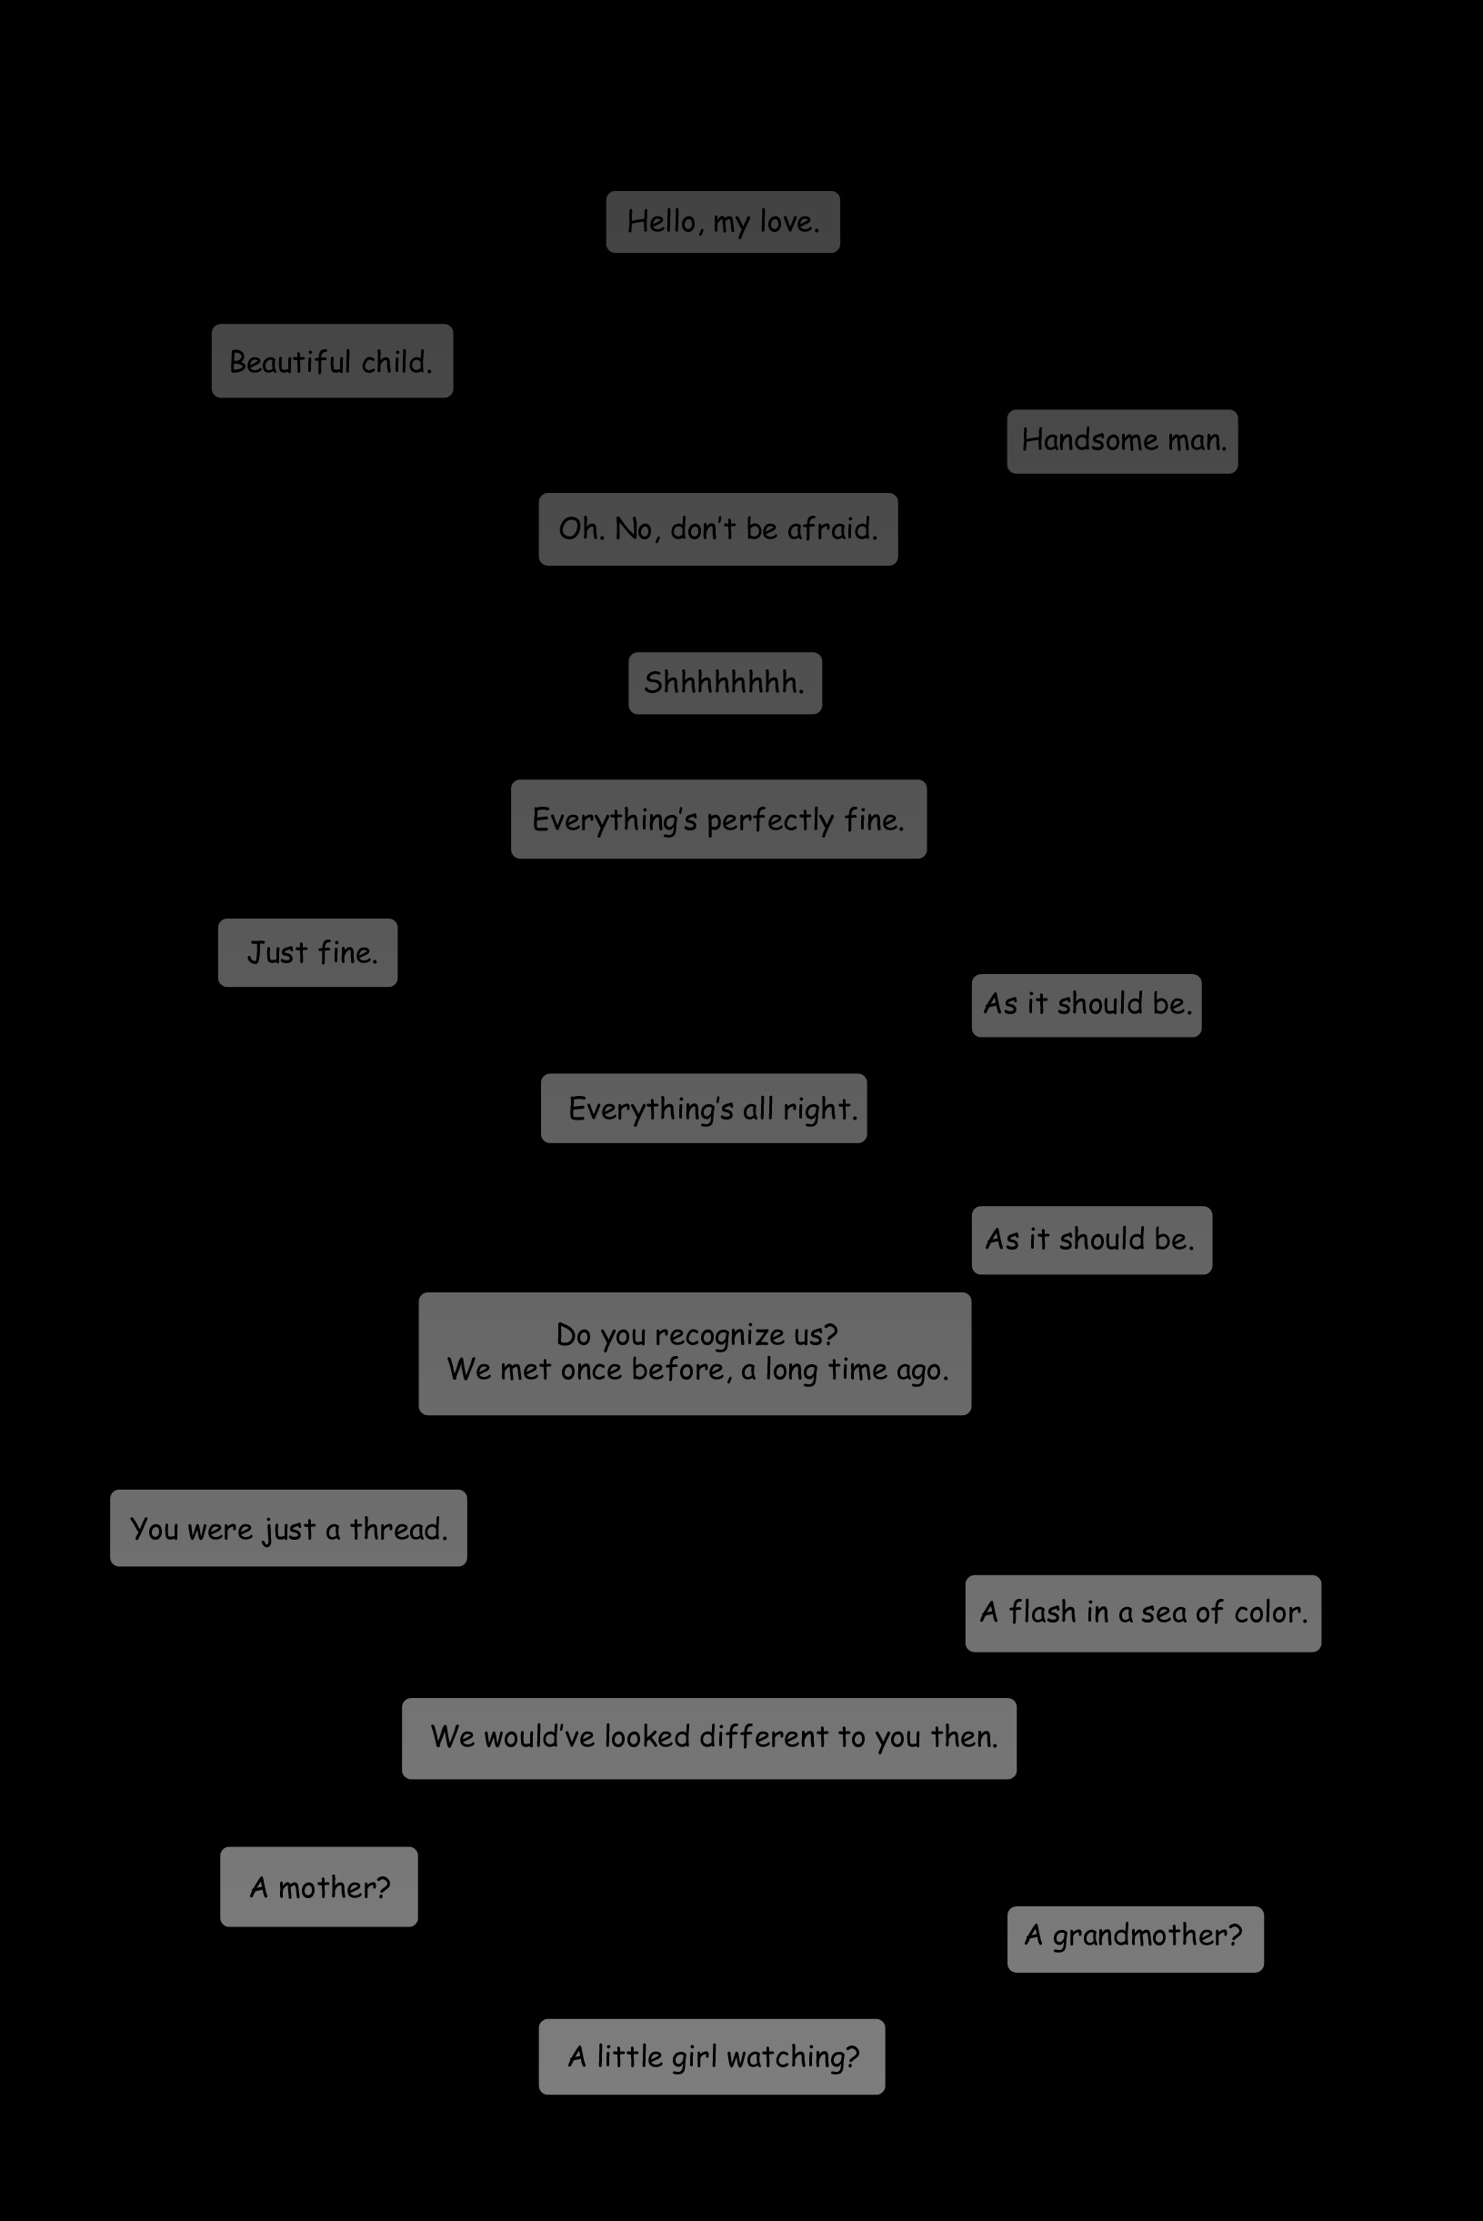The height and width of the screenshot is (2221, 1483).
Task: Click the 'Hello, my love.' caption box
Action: pyautogui.click(x=723, y=221)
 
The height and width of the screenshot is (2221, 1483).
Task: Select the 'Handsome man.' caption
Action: pyautogui.click(x=1123, y=441)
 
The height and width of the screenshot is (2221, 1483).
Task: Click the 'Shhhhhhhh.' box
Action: pyautogui.click(x=726, y=683)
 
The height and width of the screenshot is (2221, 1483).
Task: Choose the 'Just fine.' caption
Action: pyautogui.click(x=307, y=952)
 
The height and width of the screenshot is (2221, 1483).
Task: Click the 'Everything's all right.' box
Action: pyautogui.click(x=704, y=1108)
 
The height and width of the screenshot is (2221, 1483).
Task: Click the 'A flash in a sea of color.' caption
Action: pyautogui.click(x=1144, y=1613)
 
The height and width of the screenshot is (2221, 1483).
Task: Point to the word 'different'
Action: pyautogui.click(x=764, y=1737)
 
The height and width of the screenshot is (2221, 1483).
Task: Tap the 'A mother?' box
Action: pyautogui.click(x=319, y=1886)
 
